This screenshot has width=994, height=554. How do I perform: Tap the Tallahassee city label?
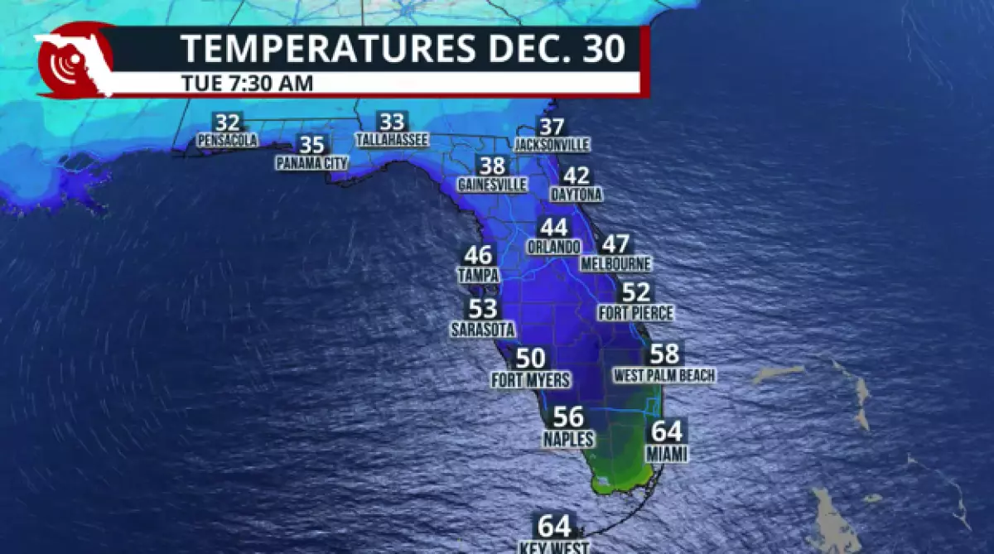tap(392, 141)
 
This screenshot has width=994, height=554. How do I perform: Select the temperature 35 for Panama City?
tap(311, 146)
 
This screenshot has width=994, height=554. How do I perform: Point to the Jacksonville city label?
tap(552, 145)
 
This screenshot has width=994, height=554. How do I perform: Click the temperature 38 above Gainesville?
tap(491, 166)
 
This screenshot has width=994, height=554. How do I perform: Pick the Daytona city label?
tap(577, 195)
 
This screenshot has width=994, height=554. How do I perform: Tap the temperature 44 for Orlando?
tap(553, 228)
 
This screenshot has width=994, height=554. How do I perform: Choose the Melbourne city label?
tap(615, 264)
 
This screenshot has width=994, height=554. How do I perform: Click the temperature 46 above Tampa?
tap(478, 256)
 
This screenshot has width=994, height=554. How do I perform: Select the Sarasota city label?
tap(483, 330)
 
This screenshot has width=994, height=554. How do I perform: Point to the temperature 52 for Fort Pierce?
tap(636, 292)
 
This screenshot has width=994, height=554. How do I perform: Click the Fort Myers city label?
tap(531, 381)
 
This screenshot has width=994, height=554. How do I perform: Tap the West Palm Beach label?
tap(664, 376)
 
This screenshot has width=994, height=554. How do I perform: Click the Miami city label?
tap(667, 454)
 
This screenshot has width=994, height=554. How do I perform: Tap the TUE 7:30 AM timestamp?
tap(246, 83)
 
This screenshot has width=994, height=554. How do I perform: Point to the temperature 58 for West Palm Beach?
tap(664, 354)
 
